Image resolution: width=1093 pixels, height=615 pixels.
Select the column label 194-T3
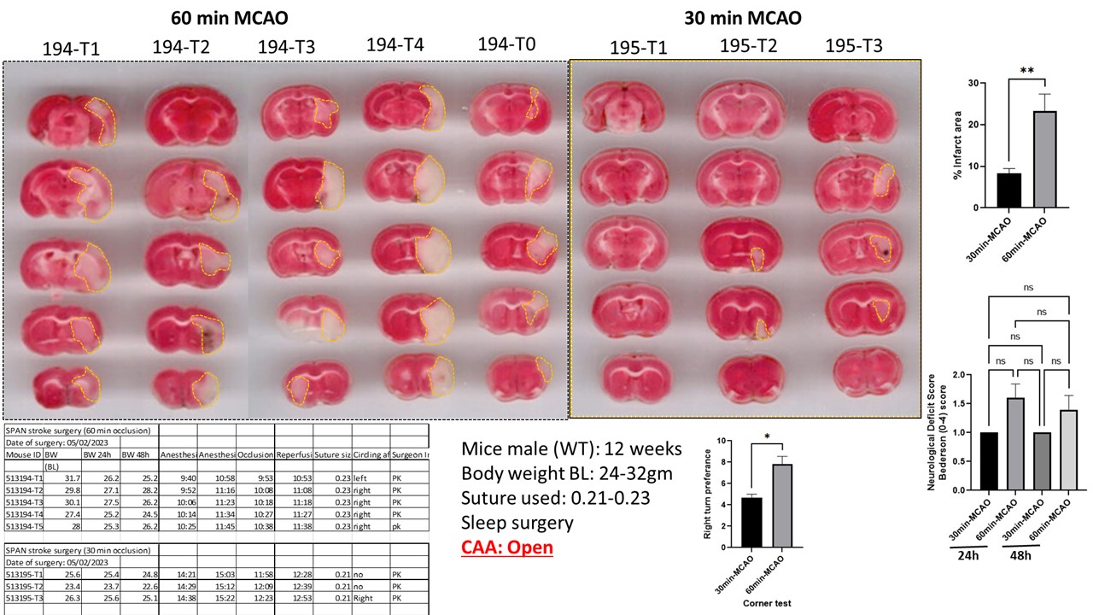tap(287, 48)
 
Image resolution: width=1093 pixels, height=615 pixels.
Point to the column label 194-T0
tap(506, 44)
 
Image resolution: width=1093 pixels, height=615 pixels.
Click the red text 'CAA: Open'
tap(507, 547)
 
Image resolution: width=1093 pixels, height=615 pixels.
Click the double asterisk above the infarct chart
tap(1029, 71)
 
